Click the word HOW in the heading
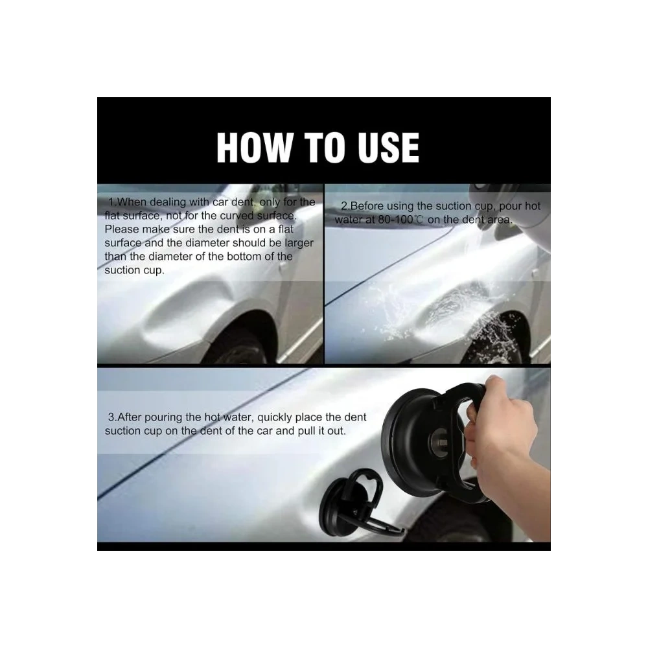click(x=254, y=148)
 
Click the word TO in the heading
click(x=325, y=148)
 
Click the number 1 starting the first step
click(x=111, y=202)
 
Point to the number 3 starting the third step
click(x=111, y=417)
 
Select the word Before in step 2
click(x=367, y=206)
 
